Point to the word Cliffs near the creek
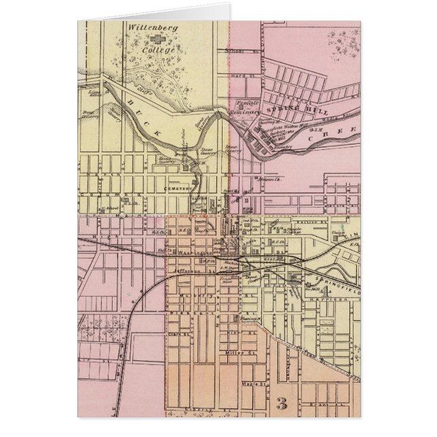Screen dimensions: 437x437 [143, 89]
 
